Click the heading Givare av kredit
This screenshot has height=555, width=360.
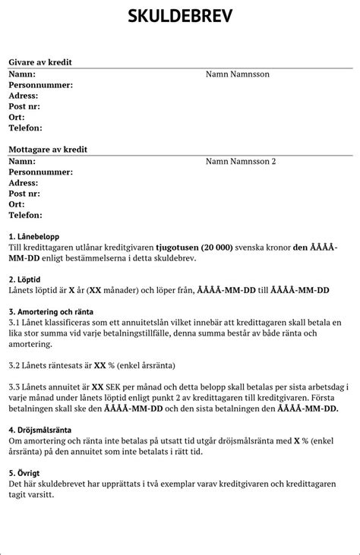(46, 61)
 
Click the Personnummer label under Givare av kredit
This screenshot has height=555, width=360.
(41, 85)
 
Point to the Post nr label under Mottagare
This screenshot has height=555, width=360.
(24, 194)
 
